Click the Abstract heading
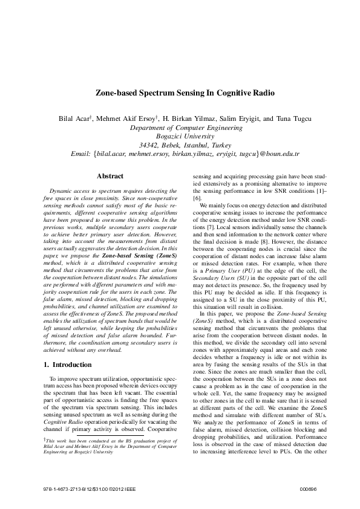click(110, 177)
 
